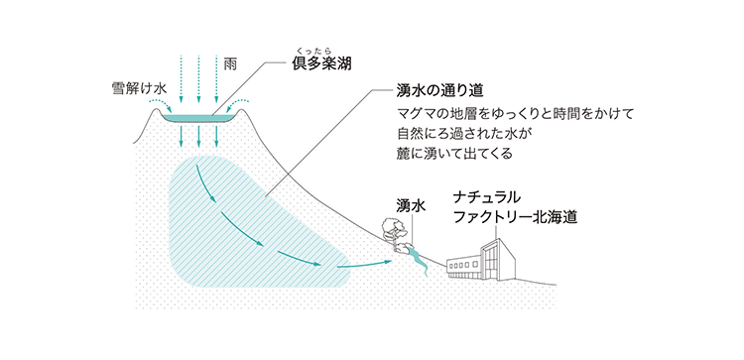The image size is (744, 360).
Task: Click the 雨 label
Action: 231,62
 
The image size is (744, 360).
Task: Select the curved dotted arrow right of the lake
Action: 242,103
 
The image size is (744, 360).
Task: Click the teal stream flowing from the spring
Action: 418,261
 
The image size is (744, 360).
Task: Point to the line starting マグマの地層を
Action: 507,113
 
